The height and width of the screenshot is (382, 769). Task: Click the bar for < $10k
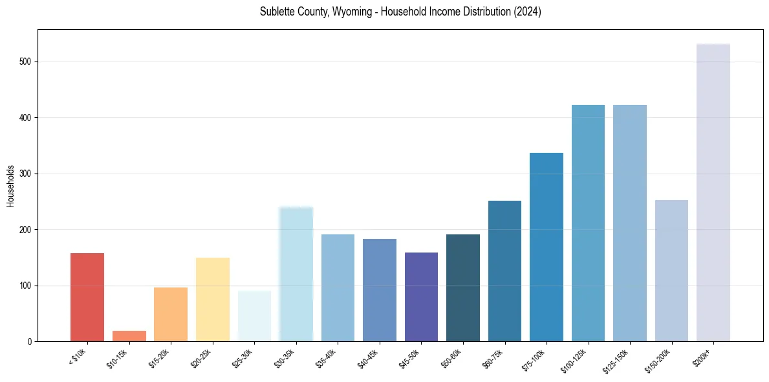[x=87, y=297]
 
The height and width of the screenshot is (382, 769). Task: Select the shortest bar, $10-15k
[x=129, y=336]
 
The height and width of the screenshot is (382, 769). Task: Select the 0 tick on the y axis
[x=30, y=341]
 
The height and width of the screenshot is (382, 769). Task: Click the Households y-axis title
[x=11, y=186]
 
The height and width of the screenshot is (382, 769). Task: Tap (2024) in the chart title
[x=528, y=12]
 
